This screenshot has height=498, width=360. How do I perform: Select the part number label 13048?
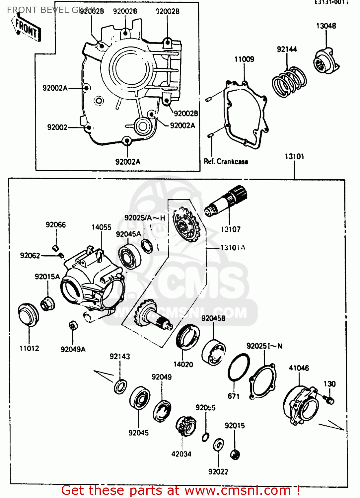pyautogui.click(x=326, y=26)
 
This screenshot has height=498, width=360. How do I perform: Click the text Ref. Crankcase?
pyautogui.click(x=226, y=162)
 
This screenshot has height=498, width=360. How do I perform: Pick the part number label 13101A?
pyautogui.click(x=233, y=248)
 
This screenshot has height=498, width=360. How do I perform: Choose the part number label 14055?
pyautogui.click(x=101, y=227)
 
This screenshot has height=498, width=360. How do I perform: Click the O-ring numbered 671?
pyautogui.click(x=239, y=368)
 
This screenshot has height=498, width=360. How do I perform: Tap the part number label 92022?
pyautogui.click(x=218, y=472)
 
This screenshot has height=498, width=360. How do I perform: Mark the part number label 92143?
pyautogui.click(x=120, y=357)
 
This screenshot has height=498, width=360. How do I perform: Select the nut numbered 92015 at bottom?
pyautogui.click(x=235, y=454)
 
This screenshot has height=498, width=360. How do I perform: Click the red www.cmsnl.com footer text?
pyautogui.click(x=181, y=490)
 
